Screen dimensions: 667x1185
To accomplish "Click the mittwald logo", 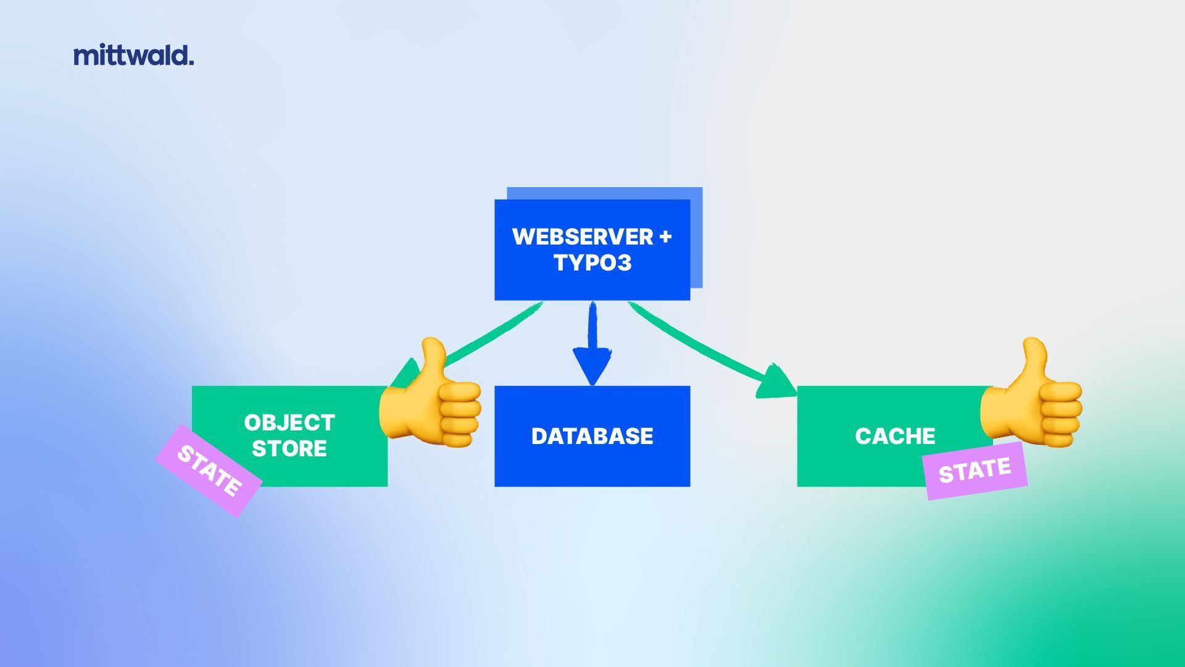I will click(133, 55).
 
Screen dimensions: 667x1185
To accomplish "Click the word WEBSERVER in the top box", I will click(582, 237).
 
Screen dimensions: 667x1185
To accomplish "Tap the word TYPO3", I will click(592, 263).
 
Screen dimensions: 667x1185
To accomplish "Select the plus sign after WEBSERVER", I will click(665, 237).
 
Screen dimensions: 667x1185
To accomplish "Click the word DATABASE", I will click(592, 436).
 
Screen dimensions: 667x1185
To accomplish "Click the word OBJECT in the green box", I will click(289, 423).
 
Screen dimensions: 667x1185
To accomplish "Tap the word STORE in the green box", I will click(289, 449).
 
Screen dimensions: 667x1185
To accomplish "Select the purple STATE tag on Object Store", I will click(209, 471).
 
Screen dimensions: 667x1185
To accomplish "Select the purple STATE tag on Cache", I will click(975, 471).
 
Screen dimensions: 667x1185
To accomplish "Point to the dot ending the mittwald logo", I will click(191, 62).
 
